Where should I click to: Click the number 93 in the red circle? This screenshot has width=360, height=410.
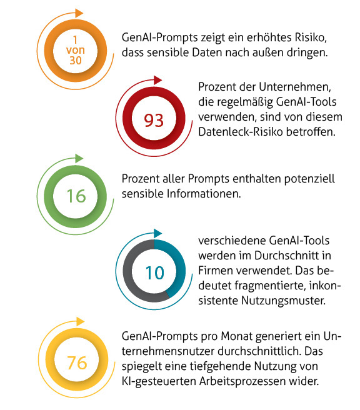154,121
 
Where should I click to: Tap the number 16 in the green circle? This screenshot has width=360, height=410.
76,196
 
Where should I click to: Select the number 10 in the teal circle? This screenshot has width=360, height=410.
155,273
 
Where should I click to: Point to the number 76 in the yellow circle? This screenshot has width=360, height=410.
77,362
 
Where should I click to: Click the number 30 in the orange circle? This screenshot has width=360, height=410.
76,61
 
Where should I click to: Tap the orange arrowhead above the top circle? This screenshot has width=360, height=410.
79,13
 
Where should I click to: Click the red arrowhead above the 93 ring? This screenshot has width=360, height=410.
157,80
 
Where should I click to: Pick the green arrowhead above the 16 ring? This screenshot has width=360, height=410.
79,159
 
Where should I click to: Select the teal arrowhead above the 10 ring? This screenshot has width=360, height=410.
157,233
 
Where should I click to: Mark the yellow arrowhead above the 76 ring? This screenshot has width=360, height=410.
81,321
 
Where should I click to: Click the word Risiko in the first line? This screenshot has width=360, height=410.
311,37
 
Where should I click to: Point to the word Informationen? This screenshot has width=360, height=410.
204,194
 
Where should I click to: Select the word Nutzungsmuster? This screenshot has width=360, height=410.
283,301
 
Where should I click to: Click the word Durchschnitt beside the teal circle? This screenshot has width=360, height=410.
289,256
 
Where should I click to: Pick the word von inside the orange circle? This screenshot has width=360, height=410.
76,50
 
